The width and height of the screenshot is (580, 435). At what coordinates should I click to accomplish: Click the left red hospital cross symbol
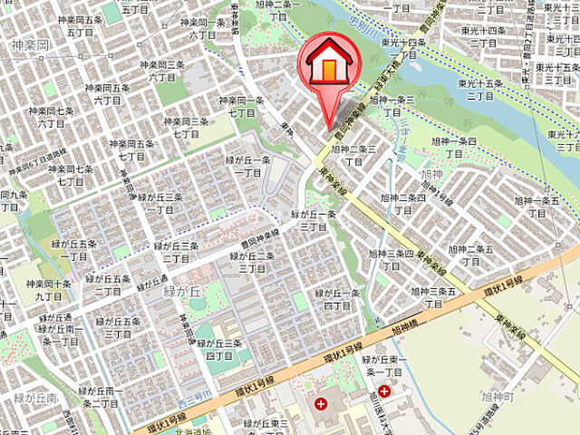click(320, 402)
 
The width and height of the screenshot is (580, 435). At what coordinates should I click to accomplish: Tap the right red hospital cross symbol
click(385, 391)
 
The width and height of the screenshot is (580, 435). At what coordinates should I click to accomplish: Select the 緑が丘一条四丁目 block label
click(338, 300)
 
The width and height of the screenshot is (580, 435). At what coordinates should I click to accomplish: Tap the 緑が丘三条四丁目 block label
click(217, 350)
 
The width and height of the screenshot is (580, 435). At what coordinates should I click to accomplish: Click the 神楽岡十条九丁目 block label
click(50, 289)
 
